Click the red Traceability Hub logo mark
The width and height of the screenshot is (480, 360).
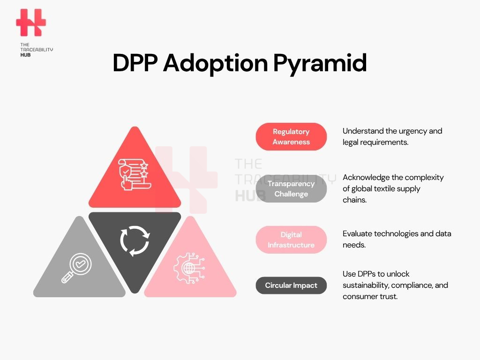pyautogui.click(x=31, y=22)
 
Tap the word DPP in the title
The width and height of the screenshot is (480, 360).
pyautogui.click(x=135, y=63)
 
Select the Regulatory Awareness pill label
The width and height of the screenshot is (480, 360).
pyautogui.click(x=291, y=136)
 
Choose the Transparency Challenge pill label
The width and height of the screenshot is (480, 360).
pyautogui.click(x=291, y=188)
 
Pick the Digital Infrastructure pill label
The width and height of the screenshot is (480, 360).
pyautogui.click(x=291, y=240)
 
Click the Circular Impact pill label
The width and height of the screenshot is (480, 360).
pyautogui.click(x=291, y=285)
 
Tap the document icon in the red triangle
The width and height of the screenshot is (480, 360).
pyautogui.click(x=135, y=174)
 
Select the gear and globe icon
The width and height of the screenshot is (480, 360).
pyautogui.click(x=189, y=268)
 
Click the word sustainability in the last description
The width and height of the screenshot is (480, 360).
pyautogui.click(x=366, y=285)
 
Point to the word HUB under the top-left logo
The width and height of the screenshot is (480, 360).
pyautogui.click(x=25, y=55)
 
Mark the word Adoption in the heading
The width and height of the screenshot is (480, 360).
pyautogui.click(x=216, y=64)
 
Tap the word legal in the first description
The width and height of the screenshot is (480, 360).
pyautogui.click(x=350, y=142)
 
